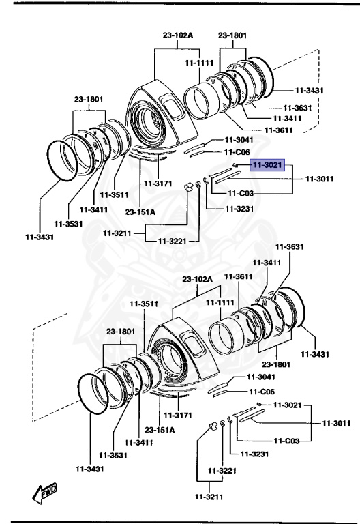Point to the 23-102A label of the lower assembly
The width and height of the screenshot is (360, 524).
coord(197,279)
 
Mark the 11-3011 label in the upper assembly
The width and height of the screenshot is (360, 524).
coord(319,179)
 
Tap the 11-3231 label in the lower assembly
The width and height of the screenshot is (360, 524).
coord(245,454)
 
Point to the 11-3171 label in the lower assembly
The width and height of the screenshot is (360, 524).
coord(179,416)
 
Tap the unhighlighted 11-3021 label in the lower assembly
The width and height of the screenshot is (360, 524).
coord(287,405)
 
